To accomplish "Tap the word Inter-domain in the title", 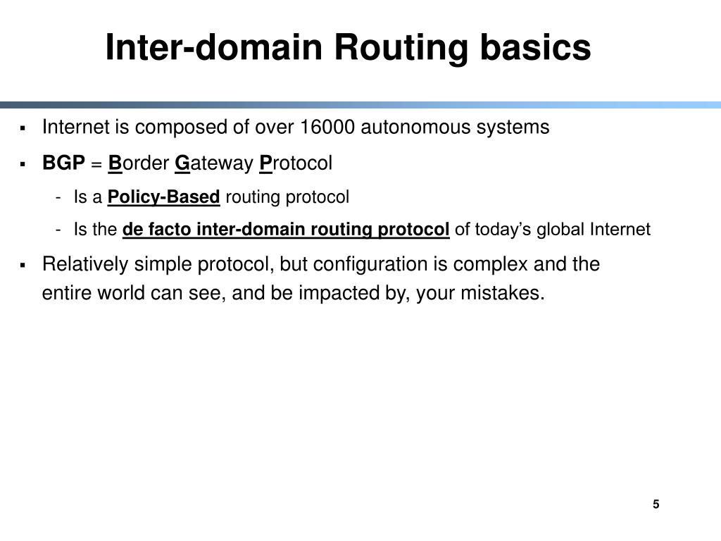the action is pos(215,49).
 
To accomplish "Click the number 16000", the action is pos(328,128).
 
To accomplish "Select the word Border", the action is pos(139,164).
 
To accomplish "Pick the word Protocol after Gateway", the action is pos(296,164).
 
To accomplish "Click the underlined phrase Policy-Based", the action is pos(164,197).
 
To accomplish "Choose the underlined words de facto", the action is pos(153,230).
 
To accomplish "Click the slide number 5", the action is pos(656,504).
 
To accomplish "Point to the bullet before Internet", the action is pos(23,129).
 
